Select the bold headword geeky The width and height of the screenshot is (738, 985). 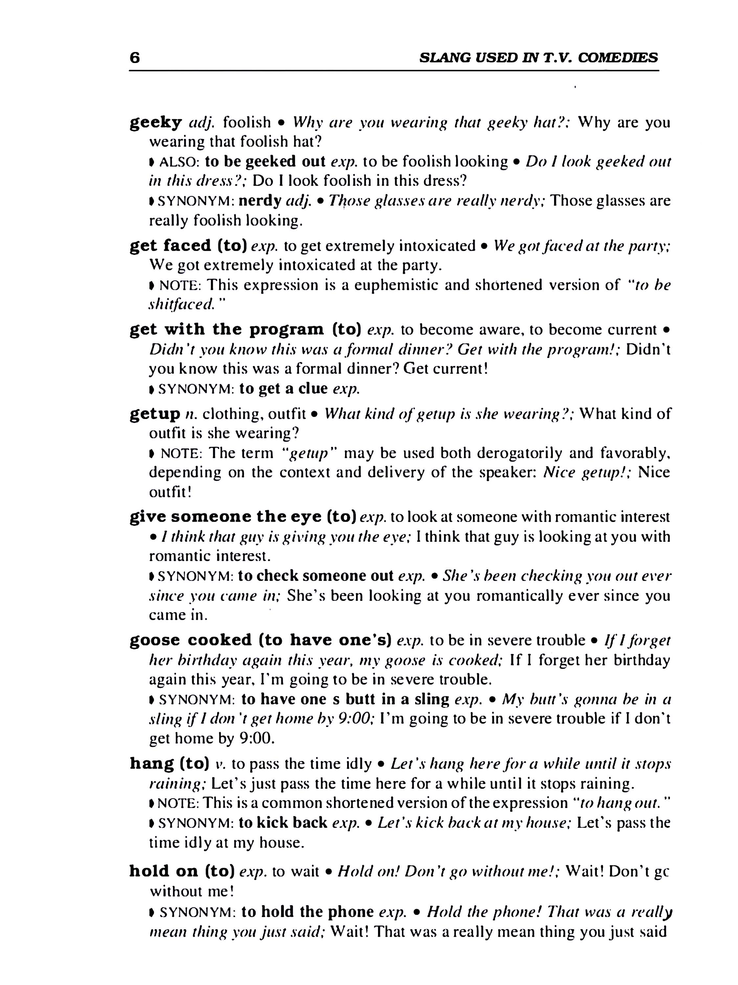click(x=155, y=122)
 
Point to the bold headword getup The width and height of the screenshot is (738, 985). click(x=154, y=414)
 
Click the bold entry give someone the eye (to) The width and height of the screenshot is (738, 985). click(x=242, y=516)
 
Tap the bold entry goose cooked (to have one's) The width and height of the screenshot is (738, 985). click(x=260, y=640)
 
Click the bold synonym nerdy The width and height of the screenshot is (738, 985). click(x=260, y=201)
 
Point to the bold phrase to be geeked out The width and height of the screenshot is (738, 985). click(x=265, y=161)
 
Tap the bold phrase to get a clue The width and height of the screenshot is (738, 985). click(x=283, y=389)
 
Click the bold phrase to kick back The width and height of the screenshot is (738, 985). click(x=283, y=822)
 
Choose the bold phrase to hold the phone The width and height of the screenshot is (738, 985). click(x=307, y=912)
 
